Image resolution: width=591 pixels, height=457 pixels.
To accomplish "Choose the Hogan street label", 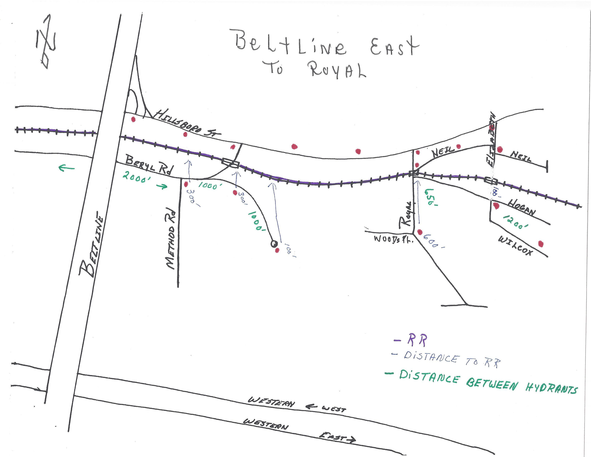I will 521,207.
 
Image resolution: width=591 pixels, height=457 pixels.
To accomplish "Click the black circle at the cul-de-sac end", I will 274,244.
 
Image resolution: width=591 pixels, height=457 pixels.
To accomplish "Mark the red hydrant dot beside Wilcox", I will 541,244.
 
